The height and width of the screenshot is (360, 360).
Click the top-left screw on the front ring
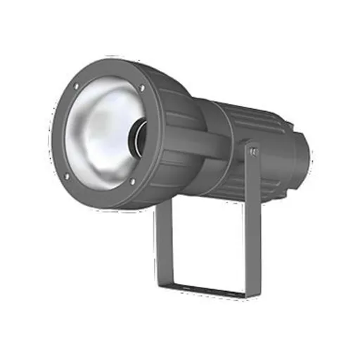[x=75, y=88]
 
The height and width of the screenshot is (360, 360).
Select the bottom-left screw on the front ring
[x=67, y=176]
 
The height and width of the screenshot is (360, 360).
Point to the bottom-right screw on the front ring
[x=131, y=184]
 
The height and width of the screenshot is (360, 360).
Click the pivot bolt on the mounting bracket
[x=254, y=151]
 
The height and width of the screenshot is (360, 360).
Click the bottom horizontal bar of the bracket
[x=211, y=290]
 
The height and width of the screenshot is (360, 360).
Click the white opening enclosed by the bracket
[x=207, y=239]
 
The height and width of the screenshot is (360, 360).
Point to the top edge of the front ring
[x=112, y=65]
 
